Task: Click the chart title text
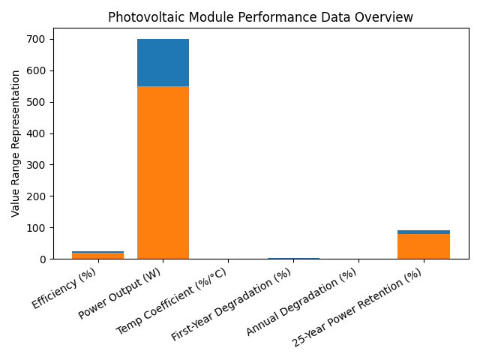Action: click(x=260, y=17)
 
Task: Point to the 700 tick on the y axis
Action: click(x=43, y=39)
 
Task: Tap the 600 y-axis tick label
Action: click(x=43, y=70)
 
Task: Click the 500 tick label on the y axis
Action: click(x=43, y=102)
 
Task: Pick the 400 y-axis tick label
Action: click(x=43, y=133)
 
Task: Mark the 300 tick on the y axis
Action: click(x=43, y=165)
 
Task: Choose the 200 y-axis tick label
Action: click(x=43, y=196)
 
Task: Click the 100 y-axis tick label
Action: click(x=43, y=228)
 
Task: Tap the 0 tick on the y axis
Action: click(x=48, y=259)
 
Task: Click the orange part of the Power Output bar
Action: click(x=163, y=172)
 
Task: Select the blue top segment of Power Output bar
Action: click(x=163, y=62)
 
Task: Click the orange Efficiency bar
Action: click(x=97, y=256)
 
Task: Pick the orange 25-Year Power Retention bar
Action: click(x=423, y=246)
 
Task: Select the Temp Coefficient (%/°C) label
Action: click(x=172, y=301)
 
